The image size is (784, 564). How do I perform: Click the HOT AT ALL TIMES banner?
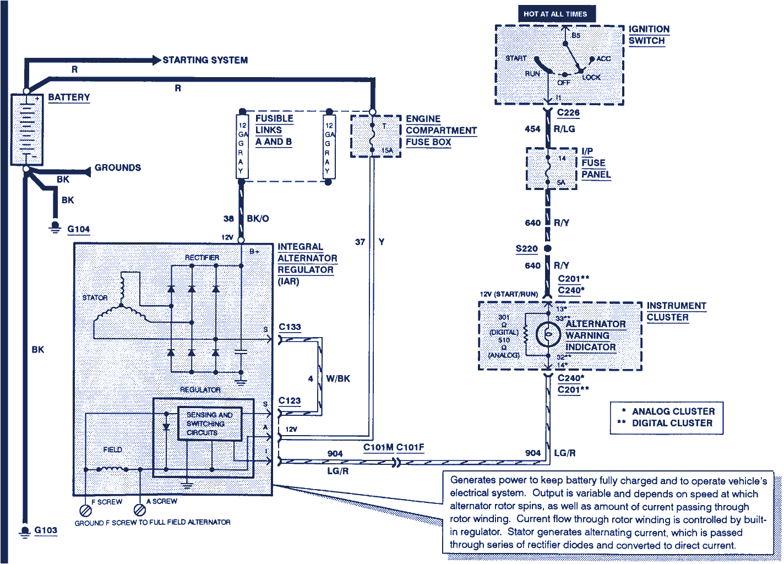point(556,14)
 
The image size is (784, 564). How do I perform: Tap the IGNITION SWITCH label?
point(649,35)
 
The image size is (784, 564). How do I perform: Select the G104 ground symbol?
point(55,227)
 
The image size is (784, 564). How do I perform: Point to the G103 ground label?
point(46,530)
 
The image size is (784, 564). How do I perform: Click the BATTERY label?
point(69,97)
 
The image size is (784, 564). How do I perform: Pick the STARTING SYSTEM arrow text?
point(205,60)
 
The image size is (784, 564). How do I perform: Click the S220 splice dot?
point(547,248)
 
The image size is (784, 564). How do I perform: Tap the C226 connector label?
point(568,113)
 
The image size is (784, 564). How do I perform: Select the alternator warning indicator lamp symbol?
point(548,334)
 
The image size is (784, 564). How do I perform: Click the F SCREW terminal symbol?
point(85,510)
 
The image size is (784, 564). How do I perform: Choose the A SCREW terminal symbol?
point(140,510)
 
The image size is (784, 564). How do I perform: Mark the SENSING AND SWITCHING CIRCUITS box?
point(209,424)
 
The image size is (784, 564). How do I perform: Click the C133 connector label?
point(290,327)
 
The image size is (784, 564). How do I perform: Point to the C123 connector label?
point(290,400)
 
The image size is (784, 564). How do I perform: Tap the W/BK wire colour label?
point(337,379)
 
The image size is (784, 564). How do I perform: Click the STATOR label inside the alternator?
point(95,297)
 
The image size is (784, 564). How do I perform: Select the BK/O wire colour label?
point(258,219)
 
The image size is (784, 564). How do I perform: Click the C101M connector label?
point(378,447)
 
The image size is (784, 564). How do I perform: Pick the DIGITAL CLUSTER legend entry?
point(672,423)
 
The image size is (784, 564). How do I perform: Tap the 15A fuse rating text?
point(387,150)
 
